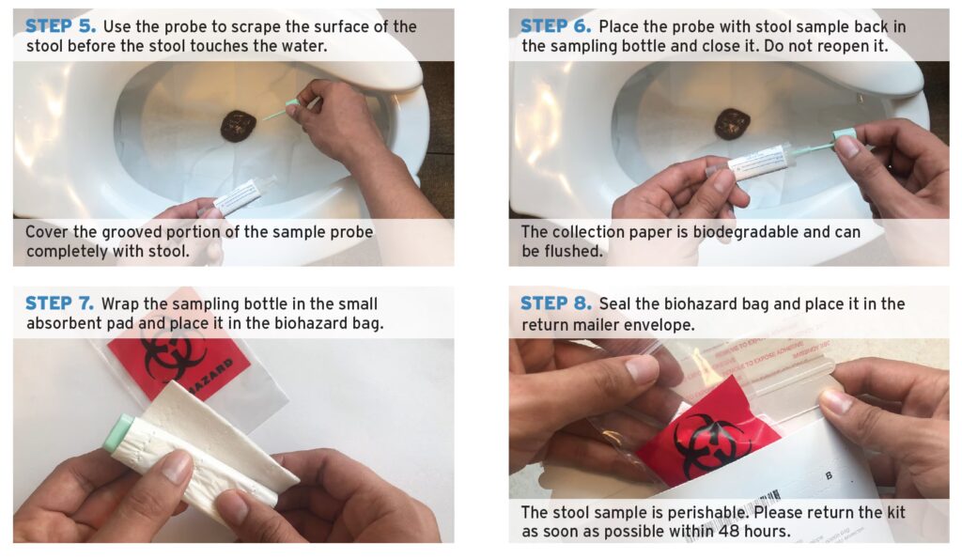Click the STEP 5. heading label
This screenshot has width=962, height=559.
60,25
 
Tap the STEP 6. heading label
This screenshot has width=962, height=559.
555,25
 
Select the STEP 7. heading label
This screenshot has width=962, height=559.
59,303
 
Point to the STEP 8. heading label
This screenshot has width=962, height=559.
555,303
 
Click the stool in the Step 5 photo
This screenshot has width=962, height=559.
238,126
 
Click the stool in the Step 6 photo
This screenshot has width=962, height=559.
732,123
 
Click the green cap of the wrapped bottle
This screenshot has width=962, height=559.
117,433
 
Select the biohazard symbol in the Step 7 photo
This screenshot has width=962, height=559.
175,358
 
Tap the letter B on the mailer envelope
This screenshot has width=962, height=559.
829,475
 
